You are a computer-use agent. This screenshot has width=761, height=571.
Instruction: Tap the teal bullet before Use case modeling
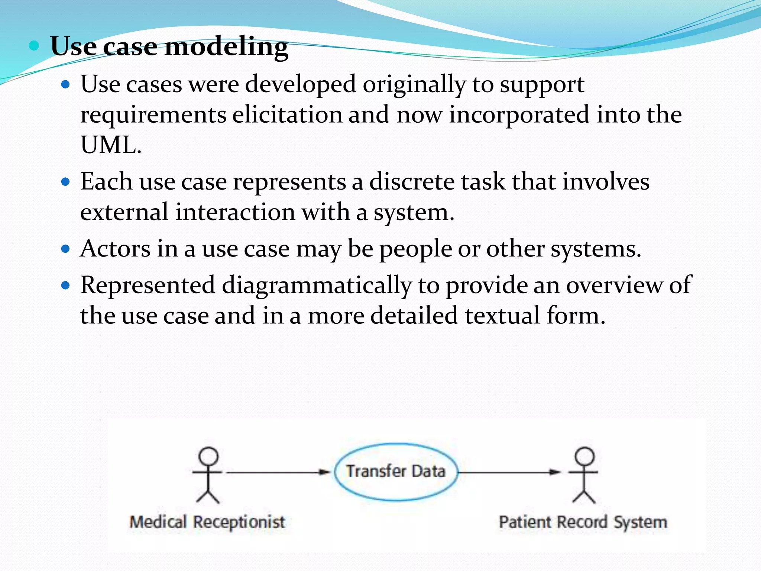click(34, 46)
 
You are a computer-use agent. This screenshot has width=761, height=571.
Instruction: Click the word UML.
click(111, 145)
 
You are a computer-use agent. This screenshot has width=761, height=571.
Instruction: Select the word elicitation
click(287, 114)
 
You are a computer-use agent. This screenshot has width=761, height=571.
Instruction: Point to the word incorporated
click(519, 114)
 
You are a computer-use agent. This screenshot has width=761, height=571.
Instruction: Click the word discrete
click(412, 182)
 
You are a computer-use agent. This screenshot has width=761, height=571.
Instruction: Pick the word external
click(124, 212)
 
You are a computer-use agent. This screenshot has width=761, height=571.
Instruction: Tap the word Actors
click(115, 249)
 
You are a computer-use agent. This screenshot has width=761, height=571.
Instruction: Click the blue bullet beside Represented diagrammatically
click(65, 285)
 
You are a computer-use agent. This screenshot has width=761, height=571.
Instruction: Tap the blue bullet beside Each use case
click(65, 182)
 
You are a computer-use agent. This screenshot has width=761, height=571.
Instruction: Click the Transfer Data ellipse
click(395, 471)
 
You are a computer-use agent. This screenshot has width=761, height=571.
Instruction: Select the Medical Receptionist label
click(207, 522)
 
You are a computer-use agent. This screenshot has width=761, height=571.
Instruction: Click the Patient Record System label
click(583, 522)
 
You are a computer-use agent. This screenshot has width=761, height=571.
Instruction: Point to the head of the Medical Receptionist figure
click(208, 455)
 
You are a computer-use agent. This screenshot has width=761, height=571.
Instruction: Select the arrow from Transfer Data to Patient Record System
click(509, 472)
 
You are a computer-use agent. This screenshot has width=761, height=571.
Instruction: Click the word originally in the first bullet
click(414, 84)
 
